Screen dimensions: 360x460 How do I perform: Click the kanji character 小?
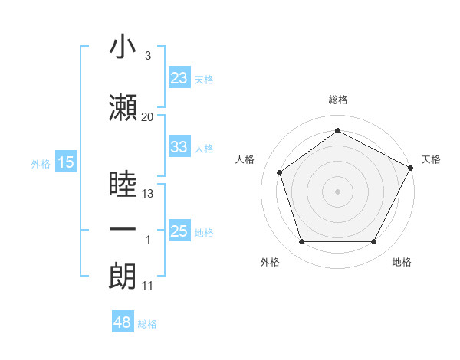pyautogui.click(x=123, y=47)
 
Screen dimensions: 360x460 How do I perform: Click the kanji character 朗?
pyautogui.click(x=123, y=276)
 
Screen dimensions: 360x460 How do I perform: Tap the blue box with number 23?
pyautogui.click(x=179, y=78)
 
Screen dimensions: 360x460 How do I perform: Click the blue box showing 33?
pyautogui.click(x=179, y=147)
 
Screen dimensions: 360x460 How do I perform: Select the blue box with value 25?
pyautogui.click(x=179, y=231)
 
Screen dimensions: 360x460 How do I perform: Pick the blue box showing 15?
pyautogui.click(x=66, y=162)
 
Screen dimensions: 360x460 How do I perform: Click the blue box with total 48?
pyautogui.click(x=123, y=322)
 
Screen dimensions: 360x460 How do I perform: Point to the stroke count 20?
pyautogui.click(x=147, y=117)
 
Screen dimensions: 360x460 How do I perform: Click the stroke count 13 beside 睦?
pyautogui.click(x=148, y=194)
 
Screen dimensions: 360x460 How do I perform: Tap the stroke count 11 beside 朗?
pyautogui.click(x=147, y=286)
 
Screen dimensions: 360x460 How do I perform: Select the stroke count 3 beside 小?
pyautogui.click(x=147, y=56)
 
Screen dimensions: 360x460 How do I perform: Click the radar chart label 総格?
pyautogui.click(x=338, y=100)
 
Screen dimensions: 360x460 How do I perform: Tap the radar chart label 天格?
pyautogui.click(x=431, y=159)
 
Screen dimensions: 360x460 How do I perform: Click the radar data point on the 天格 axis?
pyautogui.click(x=412, y=168)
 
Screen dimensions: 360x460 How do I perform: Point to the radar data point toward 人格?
pyautogui.click(x=280, y=172)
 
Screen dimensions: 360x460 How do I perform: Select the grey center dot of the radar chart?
pyautogui.click(x=338, y=191)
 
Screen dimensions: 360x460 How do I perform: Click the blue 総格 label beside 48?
pyautogui.click(x=147, y=324)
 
